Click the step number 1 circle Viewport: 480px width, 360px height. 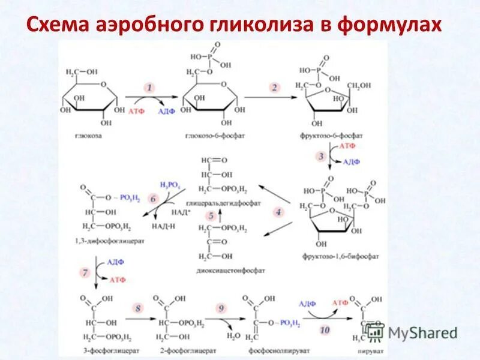click(149, 88)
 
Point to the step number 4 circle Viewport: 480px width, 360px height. click(278, 212)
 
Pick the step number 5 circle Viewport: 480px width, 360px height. click(211, 215)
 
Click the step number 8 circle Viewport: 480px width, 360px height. click(139, 308)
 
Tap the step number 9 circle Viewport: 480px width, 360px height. click(221, 308)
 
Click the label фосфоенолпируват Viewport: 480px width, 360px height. click(270, 347)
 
